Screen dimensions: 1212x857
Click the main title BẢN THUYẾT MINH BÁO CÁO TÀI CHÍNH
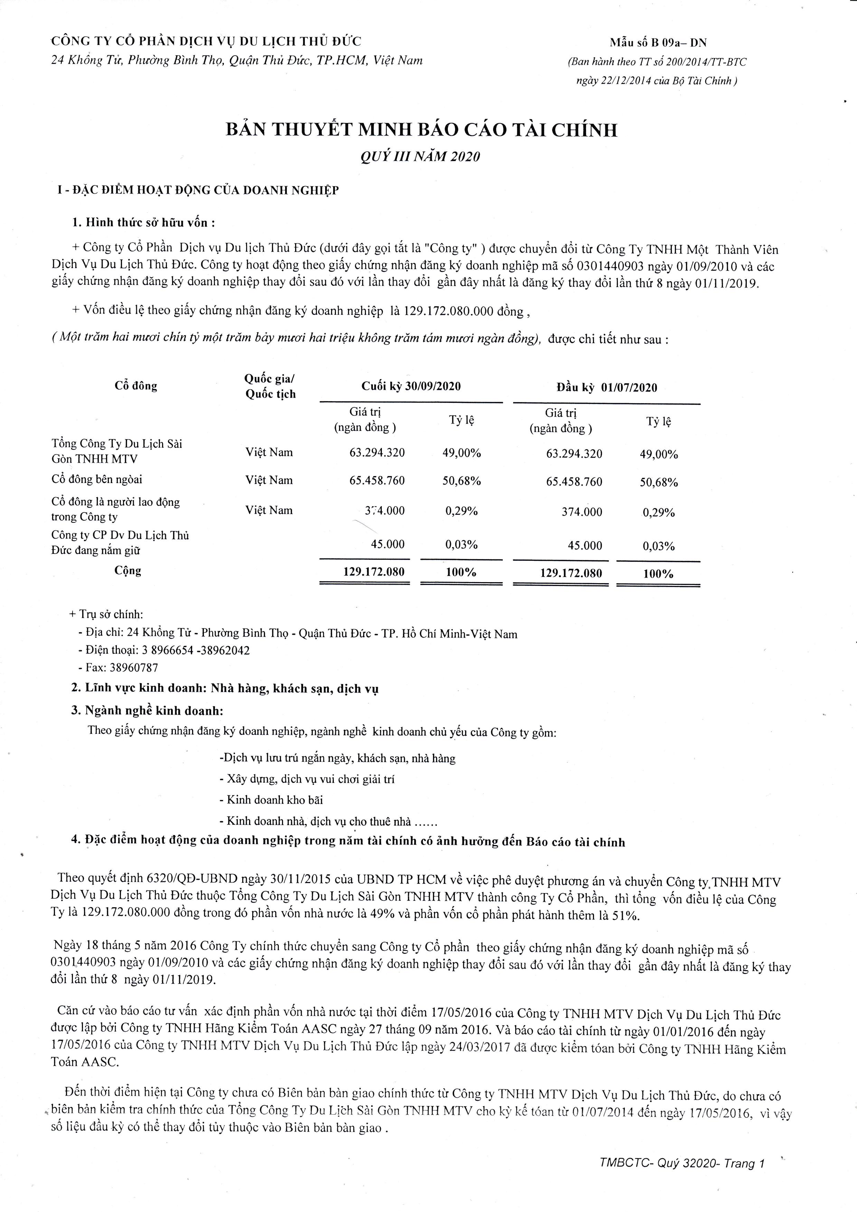(421, 130)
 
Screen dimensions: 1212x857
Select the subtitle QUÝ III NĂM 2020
(420, 157)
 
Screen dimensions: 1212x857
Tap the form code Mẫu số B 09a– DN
(658, 43)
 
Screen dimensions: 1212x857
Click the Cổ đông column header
(136, 386)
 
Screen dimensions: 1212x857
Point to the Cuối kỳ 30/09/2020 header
(411, 386)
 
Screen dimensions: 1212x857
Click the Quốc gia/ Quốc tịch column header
(270, 386)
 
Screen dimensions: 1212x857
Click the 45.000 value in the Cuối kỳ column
(388, 544)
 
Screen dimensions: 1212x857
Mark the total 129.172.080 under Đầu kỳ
(571, 573)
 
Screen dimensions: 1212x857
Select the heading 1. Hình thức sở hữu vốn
(143, 222)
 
